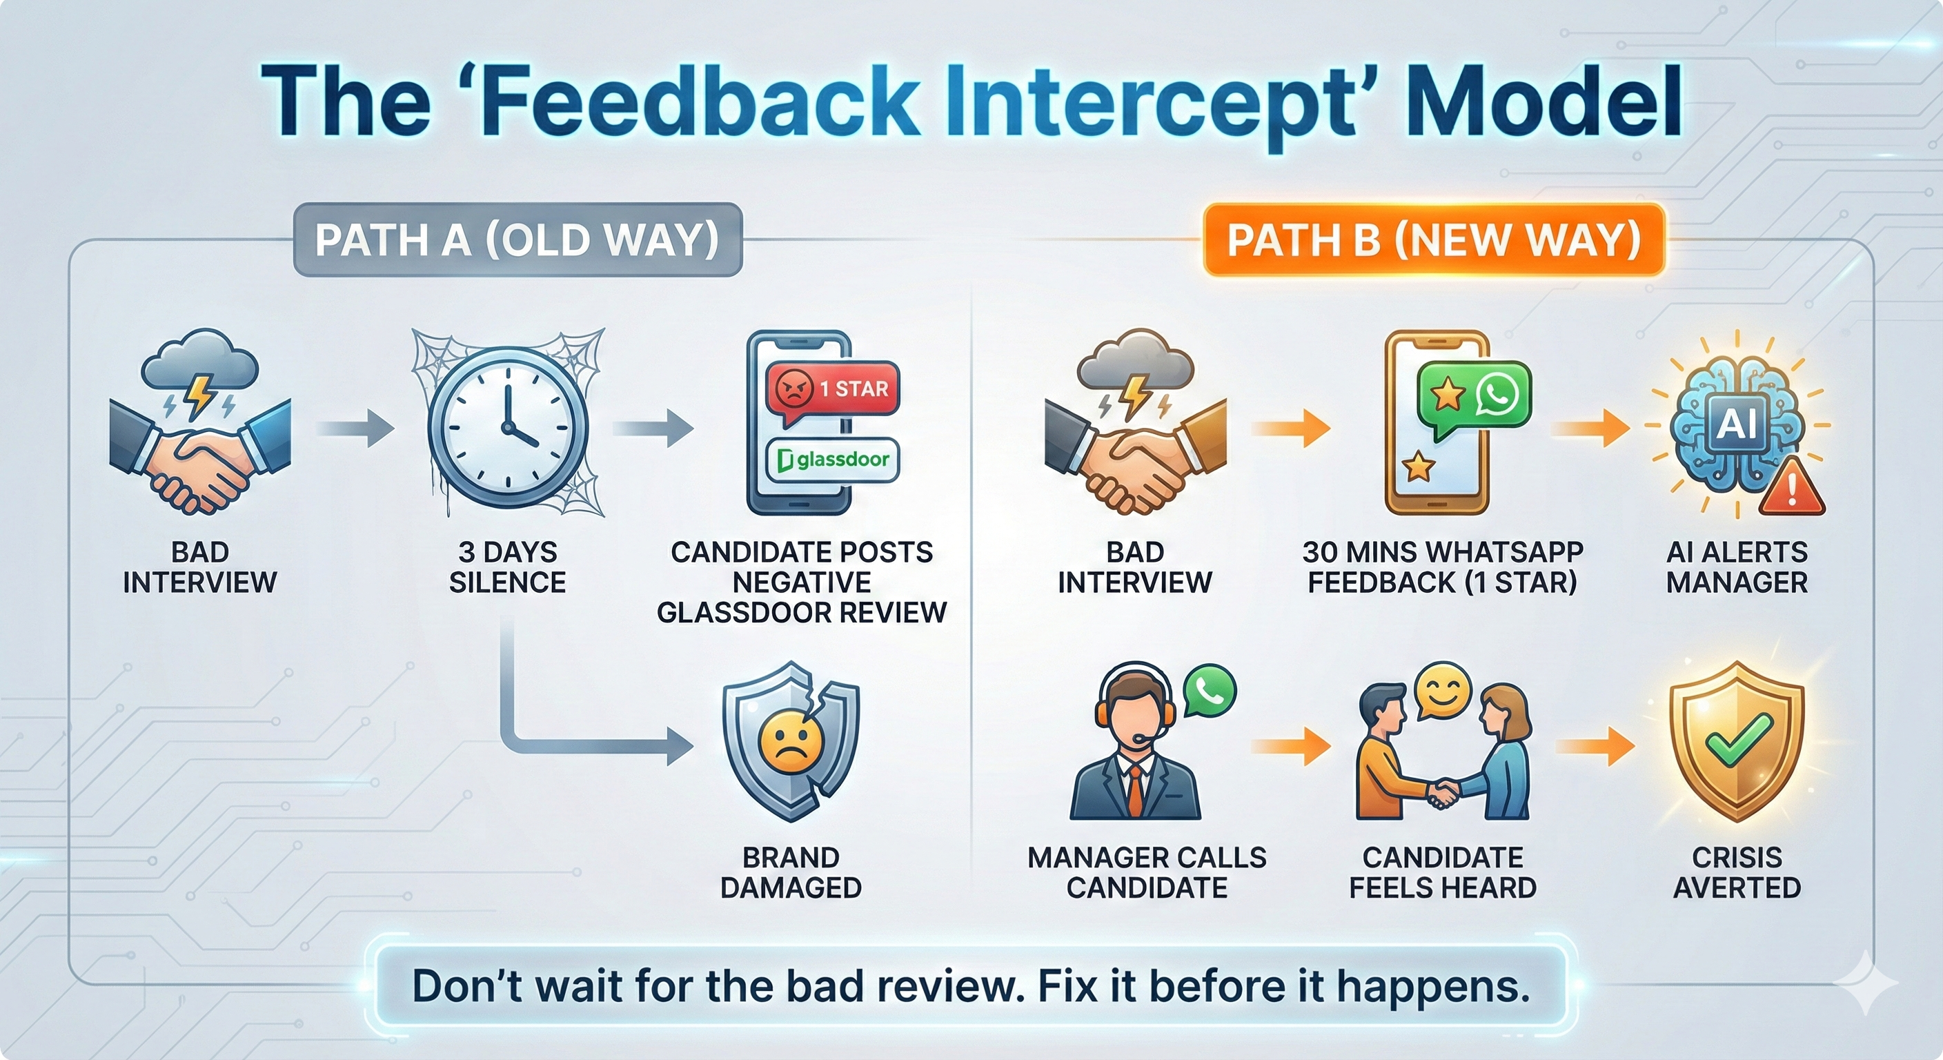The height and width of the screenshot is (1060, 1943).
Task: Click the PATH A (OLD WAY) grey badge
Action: coord(517,240)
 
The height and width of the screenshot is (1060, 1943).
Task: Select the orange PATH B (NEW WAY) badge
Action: coord(1433,240)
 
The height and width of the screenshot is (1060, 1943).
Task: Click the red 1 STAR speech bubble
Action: coord(832,389)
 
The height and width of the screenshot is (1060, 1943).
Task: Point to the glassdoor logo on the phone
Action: coord(833,459)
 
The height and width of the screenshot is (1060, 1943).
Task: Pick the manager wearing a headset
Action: coord(1134,743)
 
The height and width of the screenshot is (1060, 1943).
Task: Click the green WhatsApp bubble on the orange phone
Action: coord(1473,396)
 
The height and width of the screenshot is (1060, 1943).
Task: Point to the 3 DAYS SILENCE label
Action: coord(508,567)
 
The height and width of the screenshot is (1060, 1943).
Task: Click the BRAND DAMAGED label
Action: coord(791,872)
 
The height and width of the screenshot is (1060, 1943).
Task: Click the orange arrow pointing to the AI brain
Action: coord(1590,429)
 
